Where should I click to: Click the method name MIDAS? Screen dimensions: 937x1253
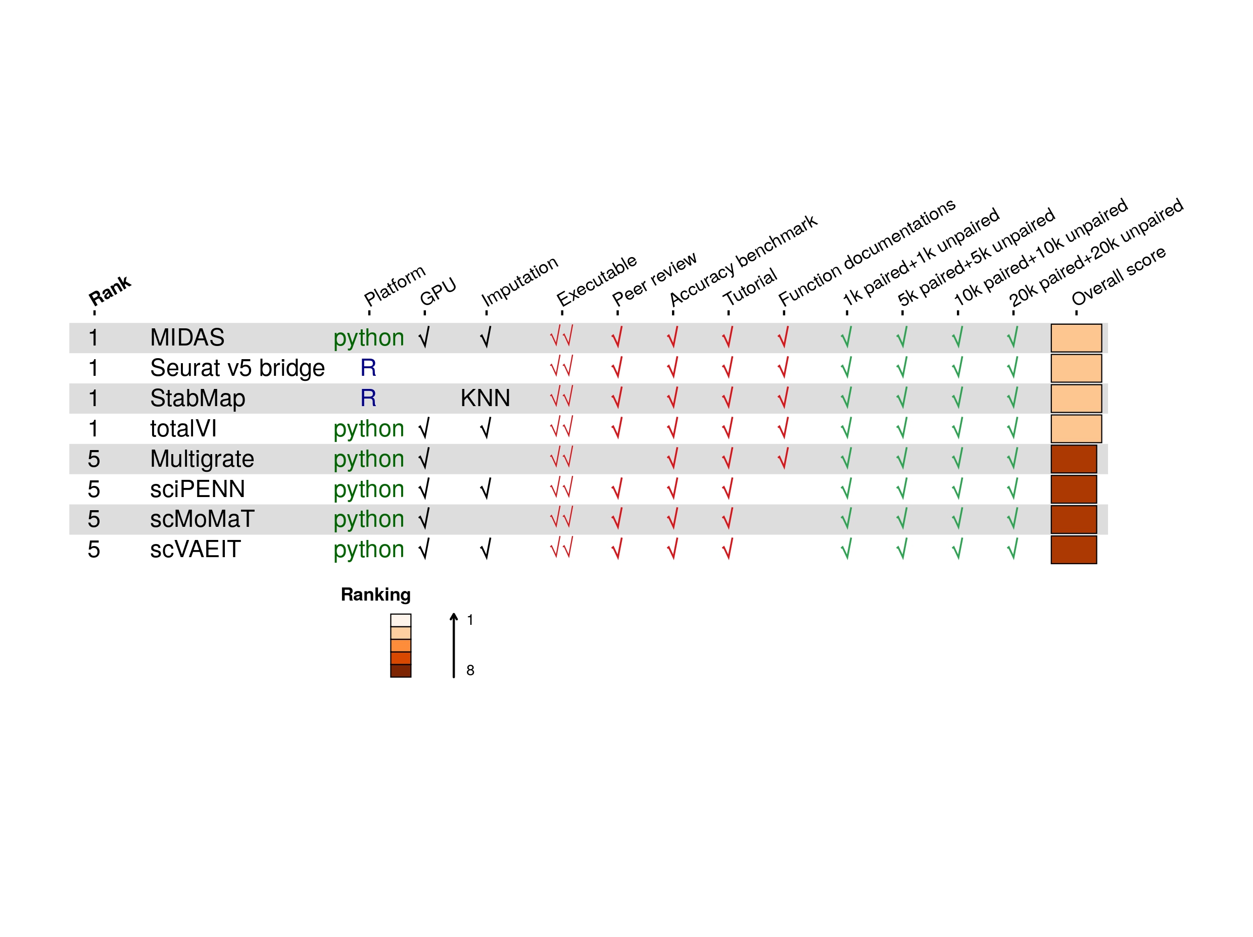click(187, 337)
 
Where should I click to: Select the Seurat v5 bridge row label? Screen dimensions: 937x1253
click(237, 368)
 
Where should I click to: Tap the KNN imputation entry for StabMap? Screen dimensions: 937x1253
click(485, 398)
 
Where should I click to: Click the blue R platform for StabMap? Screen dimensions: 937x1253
click(368, 398)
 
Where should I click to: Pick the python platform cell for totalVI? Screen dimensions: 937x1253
click(369, 428)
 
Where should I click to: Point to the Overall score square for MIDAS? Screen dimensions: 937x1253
click(1076, 338)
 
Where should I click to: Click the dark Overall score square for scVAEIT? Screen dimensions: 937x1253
click(1074, 550)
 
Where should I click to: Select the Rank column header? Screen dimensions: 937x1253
click(110, 290)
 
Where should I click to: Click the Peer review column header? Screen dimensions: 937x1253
click(654, 278)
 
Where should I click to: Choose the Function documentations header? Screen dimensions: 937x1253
click(866, 252)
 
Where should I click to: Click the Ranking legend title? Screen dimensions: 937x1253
click(375, 595)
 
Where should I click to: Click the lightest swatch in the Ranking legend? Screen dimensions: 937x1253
click(401, 620)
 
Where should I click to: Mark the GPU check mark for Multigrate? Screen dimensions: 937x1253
click(424, 459)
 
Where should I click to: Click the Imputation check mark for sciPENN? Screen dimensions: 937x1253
click(486, 489)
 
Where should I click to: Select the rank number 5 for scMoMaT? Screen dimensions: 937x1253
click(94, 519)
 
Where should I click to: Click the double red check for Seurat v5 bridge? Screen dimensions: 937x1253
click(561, 367)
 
